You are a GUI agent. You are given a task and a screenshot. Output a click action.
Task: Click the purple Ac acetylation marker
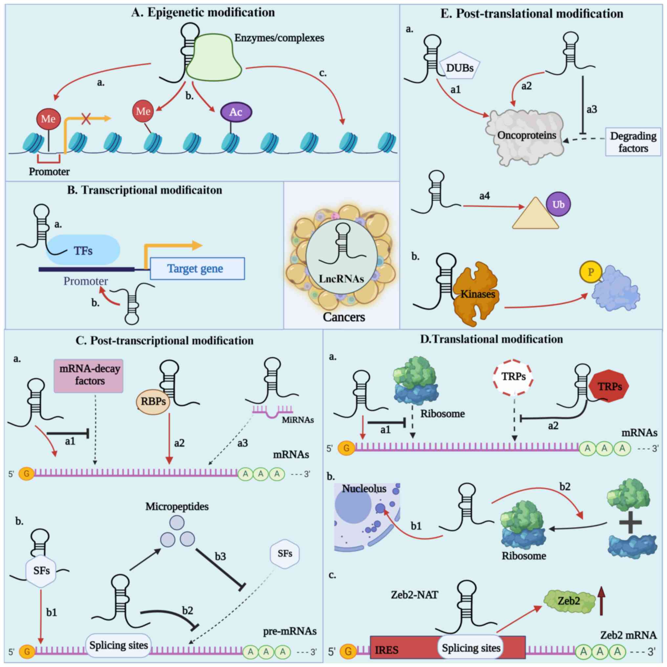236,112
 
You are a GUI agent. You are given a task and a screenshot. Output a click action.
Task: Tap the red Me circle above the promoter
48,119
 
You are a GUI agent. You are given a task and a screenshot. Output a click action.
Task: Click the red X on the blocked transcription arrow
86,119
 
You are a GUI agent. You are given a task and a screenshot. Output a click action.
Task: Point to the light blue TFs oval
83,250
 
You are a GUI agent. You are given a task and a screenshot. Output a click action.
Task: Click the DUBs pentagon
460,68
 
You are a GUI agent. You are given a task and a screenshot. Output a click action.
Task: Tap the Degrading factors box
633,142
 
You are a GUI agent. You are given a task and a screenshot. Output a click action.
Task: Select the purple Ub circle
558,204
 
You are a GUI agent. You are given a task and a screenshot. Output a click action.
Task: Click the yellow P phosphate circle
591,272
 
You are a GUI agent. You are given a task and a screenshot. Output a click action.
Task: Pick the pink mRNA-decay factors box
89,376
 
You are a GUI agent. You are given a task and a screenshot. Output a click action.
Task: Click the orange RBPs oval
153,401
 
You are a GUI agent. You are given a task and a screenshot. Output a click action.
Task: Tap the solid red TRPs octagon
609,386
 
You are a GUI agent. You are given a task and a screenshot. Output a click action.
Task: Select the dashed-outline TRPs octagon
513,376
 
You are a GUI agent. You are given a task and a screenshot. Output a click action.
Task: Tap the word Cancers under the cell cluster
344,317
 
